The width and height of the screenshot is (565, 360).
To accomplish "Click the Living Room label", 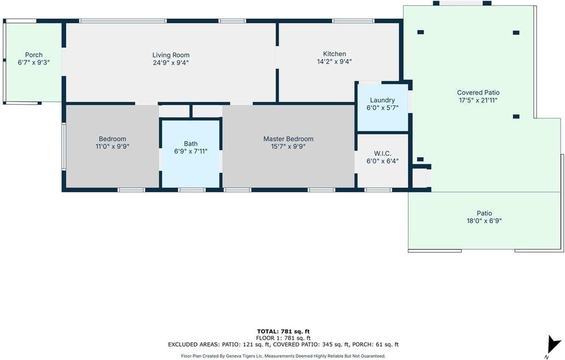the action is point(171,55).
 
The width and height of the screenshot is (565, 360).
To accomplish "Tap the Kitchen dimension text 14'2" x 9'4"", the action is point(335,62).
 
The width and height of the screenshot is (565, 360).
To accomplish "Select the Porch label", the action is point(34,55).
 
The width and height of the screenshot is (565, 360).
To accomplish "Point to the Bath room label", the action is point(191,144).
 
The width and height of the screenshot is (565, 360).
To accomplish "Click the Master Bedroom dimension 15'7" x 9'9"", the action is point(289,146).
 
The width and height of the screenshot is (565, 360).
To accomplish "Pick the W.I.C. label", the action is point(383,153).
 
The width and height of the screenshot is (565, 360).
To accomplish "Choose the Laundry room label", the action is point(382,100).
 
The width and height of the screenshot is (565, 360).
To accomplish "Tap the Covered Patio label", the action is point(478,93).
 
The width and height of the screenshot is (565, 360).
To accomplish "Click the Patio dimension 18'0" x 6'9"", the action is point(485,221).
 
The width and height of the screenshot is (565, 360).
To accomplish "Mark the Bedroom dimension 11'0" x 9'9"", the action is point(112,146).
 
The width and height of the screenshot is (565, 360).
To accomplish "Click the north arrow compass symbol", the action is point(553,345).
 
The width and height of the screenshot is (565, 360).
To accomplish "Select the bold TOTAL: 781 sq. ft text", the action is point(283,332).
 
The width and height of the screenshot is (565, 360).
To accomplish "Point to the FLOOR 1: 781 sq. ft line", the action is point(283,338).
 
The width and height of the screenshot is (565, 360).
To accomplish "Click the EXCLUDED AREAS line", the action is point(283,345).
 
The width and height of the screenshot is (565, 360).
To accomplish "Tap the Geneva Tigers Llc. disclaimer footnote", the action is point(283,356).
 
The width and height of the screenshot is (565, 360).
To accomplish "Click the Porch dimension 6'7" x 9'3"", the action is point(34,62).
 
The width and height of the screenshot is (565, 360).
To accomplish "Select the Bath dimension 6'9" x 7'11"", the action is point(191,151).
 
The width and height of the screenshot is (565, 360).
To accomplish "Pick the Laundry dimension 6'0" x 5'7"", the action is point(382,108).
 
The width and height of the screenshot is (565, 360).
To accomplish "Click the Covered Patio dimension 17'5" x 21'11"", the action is point(478,101).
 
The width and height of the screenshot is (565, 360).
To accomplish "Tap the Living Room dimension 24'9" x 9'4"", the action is point(171,63).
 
